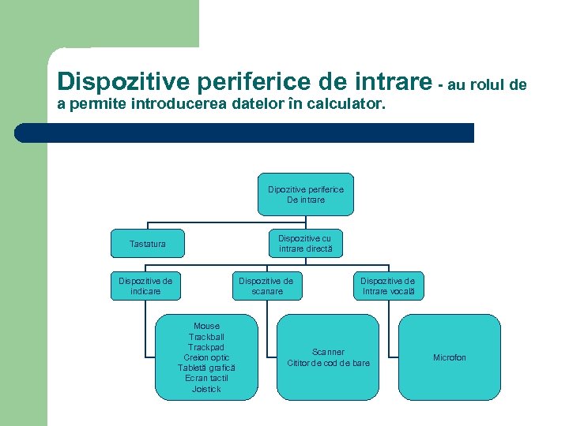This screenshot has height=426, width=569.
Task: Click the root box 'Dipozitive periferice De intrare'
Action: point(305,195)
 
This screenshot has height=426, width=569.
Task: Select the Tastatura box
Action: point(148,244)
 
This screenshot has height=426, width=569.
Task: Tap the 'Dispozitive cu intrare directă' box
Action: point(305,244)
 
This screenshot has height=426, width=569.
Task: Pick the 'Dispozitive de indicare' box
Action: point(145,286)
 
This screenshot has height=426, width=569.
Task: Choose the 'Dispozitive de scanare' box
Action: point(266,286)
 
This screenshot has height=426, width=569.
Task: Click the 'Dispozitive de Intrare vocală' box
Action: point(387,286)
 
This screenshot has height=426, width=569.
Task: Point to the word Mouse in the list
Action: point(206,326)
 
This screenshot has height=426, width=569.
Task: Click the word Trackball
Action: point(206,337)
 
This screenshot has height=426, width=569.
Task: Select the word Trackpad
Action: point(206,347)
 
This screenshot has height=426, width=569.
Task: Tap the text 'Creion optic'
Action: point(206,357)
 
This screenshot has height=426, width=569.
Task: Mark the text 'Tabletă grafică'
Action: point(206,368)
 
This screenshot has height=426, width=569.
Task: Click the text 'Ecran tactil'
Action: point(206,378)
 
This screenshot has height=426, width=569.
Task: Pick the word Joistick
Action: point(206,389)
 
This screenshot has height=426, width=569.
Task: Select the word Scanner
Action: point(328,352)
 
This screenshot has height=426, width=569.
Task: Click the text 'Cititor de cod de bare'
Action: point(328,363)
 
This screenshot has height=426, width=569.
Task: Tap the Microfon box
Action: point(449,357)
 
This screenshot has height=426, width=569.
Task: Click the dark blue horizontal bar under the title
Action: point(245,133)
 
